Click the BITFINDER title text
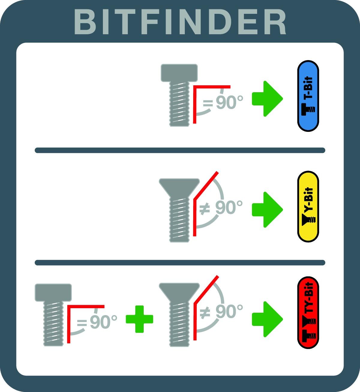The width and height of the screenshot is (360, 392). pyautogui.click(x=180, y=22)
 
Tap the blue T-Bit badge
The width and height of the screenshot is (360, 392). pyautogui.click(x=308, y=96)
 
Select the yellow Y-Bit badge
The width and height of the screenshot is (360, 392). pyautogui.click(x=308, y=207)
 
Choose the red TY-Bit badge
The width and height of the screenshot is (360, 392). pyautogui.click(x=308, y=312)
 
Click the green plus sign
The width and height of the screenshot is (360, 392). pyautogui.click(x=139, y=319)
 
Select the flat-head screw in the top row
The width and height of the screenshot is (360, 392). pyautogui.click(x=179, y=95)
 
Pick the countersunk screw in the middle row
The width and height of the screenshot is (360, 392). pyautogui.click(x=179, y=210)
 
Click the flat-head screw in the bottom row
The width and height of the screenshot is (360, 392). pyautogui.click(x=53, y=315)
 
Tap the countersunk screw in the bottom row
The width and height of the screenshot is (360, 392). pyautogui.click(x=179, y=315)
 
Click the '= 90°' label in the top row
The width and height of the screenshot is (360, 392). pyautogui.click(x=223, y=102)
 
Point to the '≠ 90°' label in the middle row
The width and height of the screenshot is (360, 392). pyautogui.click(x=221, y=207)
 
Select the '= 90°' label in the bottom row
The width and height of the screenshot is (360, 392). pyautogui.click(x=97, y=322)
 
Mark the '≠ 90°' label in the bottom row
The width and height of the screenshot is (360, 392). pyautogui.click(x=221, y=311)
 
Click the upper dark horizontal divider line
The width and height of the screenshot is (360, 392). pyautogui.click(x=180, y=150)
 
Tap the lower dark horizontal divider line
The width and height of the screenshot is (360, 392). pyautogui.click(x=180, y=263)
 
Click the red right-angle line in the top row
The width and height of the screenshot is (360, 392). pyautogui.click(x=195, y=87)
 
